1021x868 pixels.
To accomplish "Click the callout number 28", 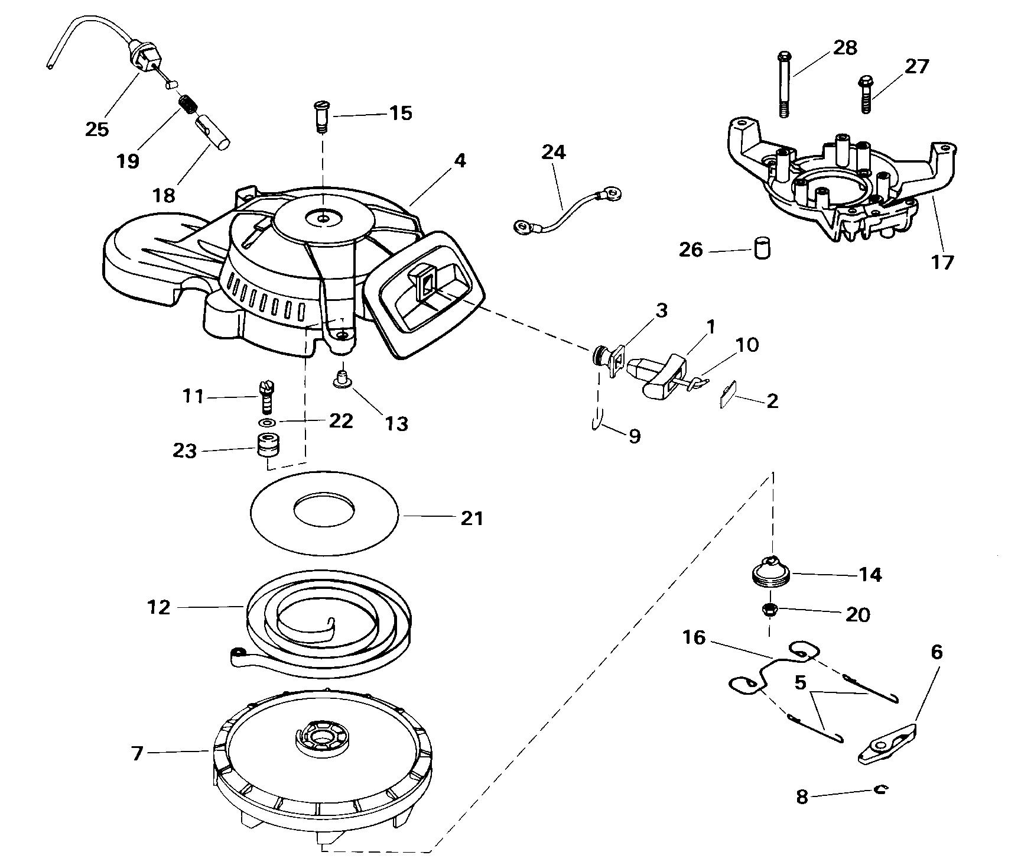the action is coord(845,47).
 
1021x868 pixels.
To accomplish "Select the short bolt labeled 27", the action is coord(866,94).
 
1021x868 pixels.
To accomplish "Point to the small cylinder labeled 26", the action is coord(763,248).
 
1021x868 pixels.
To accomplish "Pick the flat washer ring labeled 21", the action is coord(326,514).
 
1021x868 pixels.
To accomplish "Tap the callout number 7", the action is coord(137,753).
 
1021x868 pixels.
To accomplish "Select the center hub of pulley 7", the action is coord(321,735).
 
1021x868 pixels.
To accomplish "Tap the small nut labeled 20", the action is coord(770,610).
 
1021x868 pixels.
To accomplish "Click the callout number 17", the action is coord(942,261).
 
